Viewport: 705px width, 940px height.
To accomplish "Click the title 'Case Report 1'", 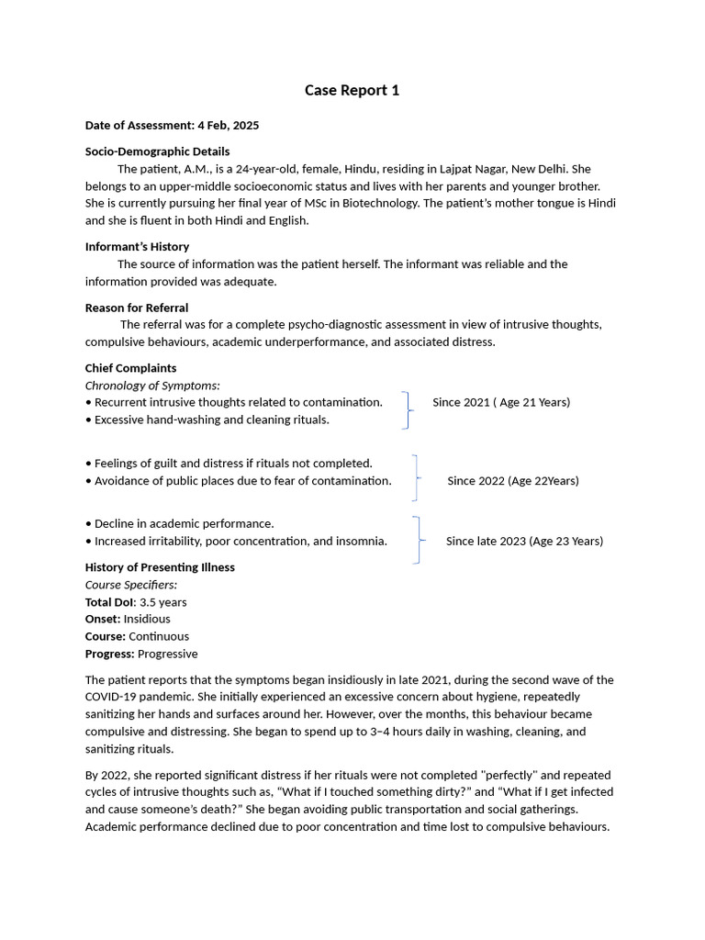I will tap(352, 90).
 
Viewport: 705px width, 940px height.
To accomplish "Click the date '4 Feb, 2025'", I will tap(228, 125).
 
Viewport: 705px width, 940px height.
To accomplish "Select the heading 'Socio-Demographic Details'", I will tap(157, 151).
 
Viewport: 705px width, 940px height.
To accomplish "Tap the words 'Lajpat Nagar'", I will tap(470, 169).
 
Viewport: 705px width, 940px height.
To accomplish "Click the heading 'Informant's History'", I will tap(137, 246).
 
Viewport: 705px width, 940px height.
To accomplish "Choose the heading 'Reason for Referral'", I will tap(137, 308).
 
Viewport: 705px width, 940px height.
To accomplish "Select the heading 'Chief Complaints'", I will tap(130, 368).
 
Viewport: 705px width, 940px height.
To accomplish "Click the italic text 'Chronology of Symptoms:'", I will tap(152, 386).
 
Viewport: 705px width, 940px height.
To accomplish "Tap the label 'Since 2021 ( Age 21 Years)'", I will tap(501, 402).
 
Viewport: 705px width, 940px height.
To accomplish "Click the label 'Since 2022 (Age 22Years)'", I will tap(513, 481).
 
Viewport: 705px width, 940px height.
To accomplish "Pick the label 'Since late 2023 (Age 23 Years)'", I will tap(524, 541).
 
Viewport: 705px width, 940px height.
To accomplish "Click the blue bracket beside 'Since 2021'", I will tap(407, 410).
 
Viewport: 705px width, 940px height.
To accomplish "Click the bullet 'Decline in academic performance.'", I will tap(184, 523).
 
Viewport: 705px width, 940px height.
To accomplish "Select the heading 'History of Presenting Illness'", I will tap(160, 567).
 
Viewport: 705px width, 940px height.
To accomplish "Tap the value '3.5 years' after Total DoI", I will tap(163, 602).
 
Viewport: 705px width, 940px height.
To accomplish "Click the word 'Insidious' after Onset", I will tap(147, 619).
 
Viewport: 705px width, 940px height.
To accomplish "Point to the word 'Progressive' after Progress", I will tap(167, 654).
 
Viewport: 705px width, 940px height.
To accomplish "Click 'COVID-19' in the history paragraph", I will tap(110, 697).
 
